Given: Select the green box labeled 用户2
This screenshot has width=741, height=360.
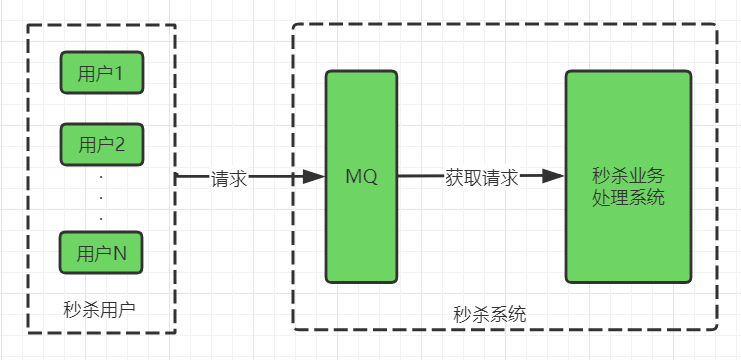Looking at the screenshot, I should (x=101, y=144).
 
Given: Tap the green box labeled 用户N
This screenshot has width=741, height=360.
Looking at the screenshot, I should (x=101, y=253).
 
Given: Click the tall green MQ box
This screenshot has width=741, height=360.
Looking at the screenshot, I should (x=361, y=176).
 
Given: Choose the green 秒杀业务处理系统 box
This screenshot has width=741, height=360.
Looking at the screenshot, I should (x=628, y=176).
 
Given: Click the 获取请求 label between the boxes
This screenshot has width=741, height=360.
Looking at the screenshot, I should (x=481, y=177).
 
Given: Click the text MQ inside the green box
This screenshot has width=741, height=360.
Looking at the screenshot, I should (x=361, y=177).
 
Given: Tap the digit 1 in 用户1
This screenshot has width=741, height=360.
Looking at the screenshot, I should (x=119, y=73).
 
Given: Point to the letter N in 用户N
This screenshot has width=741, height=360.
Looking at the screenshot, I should (x=119, y=254).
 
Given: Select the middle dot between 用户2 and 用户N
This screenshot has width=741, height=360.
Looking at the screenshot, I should (x=101, y=197).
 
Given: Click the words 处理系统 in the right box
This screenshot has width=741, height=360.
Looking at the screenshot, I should (x=628, y=198).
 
